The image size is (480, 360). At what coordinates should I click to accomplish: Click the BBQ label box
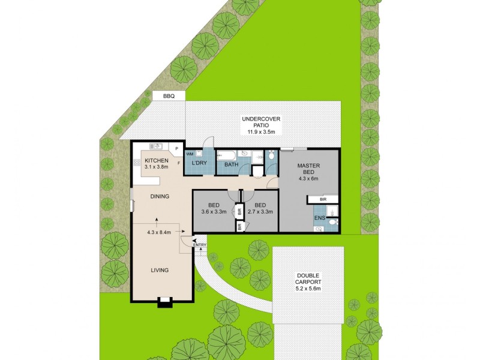(169, 96)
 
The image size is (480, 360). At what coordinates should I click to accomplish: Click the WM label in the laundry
(189, 155)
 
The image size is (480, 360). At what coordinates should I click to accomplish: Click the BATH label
(231, 164)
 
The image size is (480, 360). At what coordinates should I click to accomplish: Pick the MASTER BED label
(309, 170)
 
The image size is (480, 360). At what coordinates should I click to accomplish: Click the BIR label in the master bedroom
(323, 199)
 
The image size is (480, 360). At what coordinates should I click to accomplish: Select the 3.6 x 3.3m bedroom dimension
(214, 211)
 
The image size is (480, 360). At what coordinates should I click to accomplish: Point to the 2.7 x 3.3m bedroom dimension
(260, 211)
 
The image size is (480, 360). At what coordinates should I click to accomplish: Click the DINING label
(160, 196)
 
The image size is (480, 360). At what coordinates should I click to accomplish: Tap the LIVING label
(160, 270)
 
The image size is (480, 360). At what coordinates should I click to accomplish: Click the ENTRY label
(200, 244)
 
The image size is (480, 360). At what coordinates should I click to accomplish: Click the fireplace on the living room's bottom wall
(164, 302)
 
